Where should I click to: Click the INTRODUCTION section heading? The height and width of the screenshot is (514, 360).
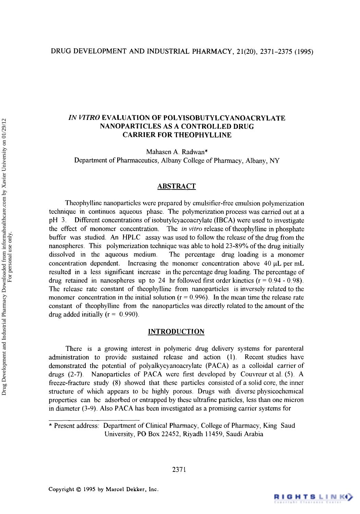click(176, 332)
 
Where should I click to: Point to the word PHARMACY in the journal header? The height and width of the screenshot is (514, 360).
click(211, 52)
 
